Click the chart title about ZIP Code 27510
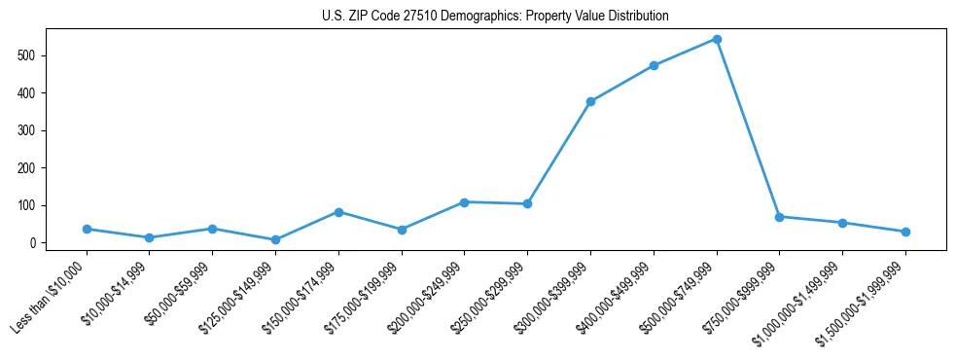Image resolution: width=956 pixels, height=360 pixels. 495,17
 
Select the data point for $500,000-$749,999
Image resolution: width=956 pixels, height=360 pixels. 717,39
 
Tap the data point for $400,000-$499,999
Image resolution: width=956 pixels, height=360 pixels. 654,65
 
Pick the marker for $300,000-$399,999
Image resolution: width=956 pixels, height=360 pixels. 590,101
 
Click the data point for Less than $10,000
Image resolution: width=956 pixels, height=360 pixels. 87,229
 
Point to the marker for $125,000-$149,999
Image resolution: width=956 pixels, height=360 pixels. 275,239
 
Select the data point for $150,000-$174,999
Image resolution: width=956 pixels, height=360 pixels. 338,212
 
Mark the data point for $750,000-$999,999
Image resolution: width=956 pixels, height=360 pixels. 779,217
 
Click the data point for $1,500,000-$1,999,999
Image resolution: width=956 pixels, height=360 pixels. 905,232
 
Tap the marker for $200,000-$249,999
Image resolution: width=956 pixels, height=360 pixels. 464,202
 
